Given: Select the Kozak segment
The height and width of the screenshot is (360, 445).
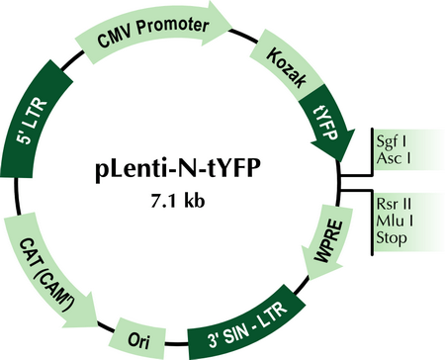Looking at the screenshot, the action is click(286, 67).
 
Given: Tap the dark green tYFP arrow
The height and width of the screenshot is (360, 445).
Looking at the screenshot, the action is click(327, 127).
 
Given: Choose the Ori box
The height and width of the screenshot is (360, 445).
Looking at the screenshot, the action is click(137, 339).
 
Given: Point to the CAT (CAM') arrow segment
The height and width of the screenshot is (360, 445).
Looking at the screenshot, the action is click(46, 270).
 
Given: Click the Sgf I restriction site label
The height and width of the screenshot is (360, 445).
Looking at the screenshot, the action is click(392, 141).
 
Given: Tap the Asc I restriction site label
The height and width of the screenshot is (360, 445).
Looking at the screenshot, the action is click(394, 158).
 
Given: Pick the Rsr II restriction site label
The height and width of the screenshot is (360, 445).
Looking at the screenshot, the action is click(394, 204).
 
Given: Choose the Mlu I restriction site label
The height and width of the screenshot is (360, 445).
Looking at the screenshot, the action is click(395, 221).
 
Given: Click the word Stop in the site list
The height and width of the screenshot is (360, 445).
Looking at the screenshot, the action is click(392, 238).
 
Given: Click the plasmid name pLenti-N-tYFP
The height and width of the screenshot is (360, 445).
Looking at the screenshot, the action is click(178, 170).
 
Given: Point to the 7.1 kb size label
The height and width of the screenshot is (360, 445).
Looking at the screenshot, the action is click(178, 200).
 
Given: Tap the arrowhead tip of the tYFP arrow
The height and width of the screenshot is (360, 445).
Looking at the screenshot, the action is click(339, 162).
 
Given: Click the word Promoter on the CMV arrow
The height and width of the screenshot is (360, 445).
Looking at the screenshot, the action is click(173, 27).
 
